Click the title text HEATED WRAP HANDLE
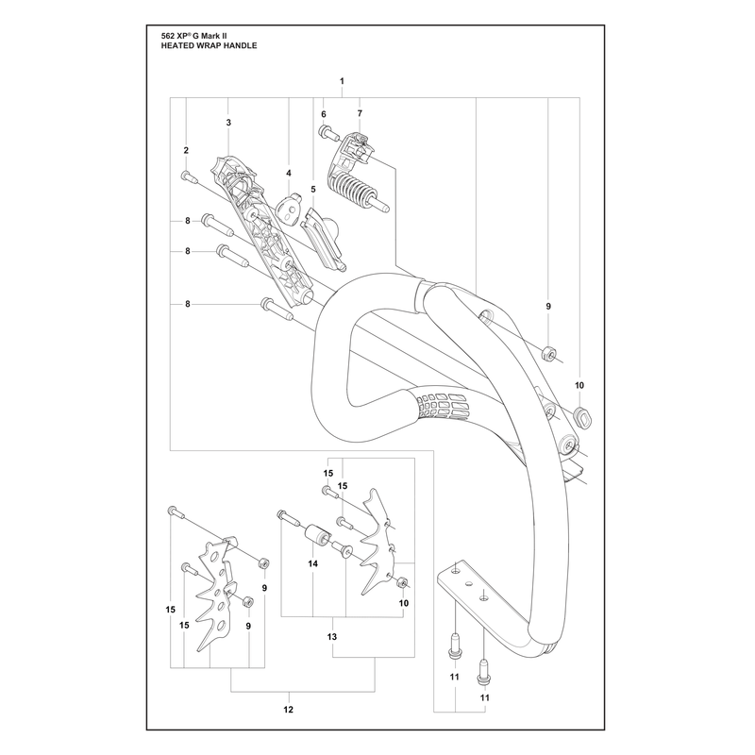point(209,45)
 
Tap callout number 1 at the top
point(342,81)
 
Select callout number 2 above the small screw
point(186,150)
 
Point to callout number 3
point(228,123)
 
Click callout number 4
point(289,173)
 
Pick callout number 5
point(313,190)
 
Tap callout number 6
point(324,114)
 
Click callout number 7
point(360,113)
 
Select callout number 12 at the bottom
point(289,710)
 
